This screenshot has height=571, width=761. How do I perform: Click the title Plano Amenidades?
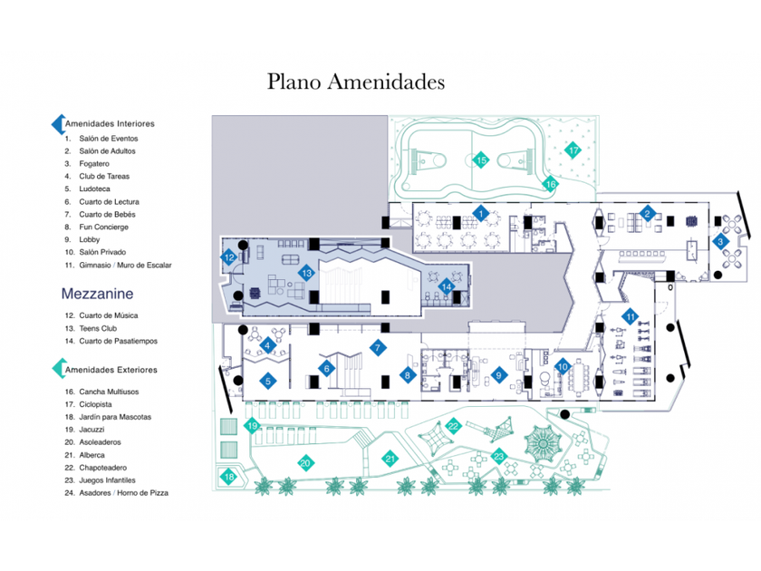coord(356,82)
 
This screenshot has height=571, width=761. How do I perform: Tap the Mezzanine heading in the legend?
coord(98,294)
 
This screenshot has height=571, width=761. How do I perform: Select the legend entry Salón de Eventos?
coord(108,138)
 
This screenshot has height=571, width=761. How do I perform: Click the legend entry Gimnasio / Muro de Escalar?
coord(124,265)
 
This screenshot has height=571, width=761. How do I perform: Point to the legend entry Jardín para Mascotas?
coord(114,417)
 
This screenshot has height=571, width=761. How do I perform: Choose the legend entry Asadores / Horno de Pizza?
coord(122,493)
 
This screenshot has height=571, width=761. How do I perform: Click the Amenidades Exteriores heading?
coord(111,370)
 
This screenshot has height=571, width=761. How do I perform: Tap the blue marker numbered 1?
coord(482,214)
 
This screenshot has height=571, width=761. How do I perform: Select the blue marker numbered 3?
coord(720,241)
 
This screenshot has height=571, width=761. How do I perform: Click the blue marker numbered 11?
coord(630,316)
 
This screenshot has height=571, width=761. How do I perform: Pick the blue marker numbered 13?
coord(307,272)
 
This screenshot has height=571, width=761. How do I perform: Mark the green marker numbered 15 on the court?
coord(482,160)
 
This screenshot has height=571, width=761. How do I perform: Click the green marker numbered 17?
coord(573,150)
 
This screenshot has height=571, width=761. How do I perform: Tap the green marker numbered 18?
coord(229,477)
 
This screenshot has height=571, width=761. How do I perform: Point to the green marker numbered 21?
coord(390,459)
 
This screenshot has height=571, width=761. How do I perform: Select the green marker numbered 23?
coord(498,456)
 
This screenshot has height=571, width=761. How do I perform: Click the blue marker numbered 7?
coord(378,347)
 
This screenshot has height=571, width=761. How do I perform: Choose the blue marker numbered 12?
coord(230,257)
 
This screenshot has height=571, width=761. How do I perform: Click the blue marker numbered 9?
coord(497,373)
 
